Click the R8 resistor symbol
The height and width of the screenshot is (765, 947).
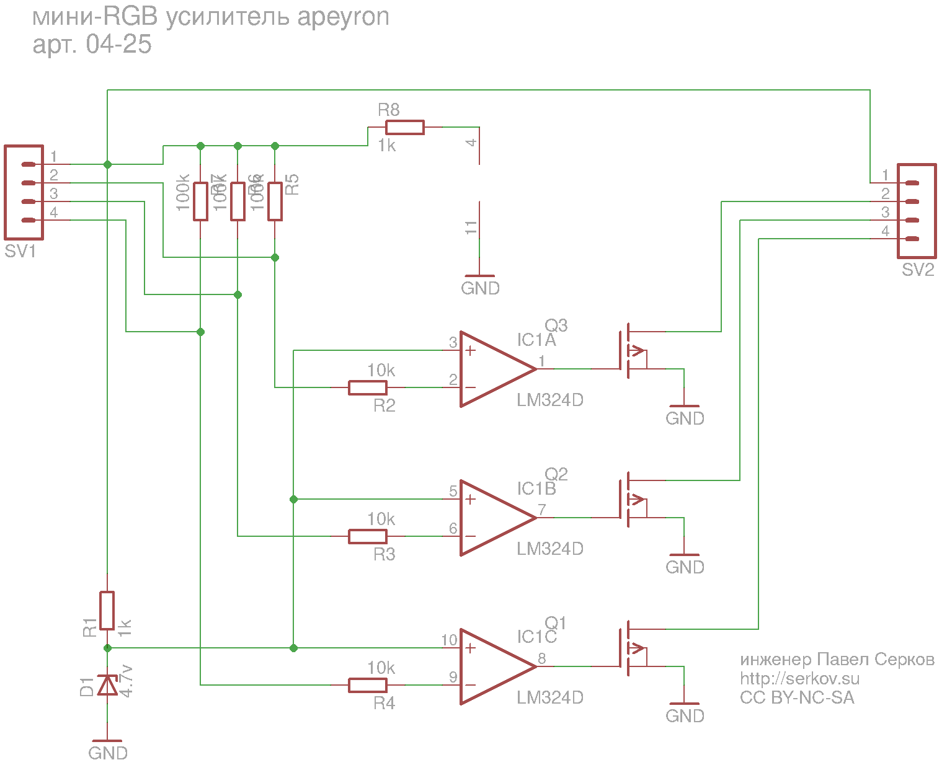point(404,128)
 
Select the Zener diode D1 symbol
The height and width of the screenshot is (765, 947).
point(107,686)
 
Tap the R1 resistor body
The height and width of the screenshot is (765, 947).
point(107,611)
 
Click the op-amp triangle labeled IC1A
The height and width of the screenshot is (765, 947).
point(493,369)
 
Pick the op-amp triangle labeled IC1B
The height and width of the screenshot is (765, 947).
point(493,518)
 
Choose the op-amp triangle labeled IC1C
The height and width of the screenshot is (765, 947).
point(493,666)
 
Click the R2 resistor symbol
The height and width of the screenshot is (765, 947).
point(368,388)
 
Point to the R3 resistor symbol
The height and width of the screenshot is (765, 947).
point(368,536)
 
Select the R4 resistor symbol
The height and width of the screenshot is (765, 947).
point(368,685)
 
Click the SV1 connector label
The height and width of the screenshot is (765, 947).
point(20,252)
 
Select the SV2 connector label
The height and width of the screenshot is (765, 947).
point(918,270)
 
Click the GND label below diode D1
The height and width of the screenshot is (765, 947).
point(108,753)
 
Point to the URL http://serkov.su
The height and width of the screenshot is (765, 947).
point(799,679)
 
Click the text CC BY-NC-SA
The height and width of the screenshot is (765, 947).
point(797,698)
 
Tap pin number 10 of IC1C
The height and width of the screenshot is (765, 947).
point(449,640)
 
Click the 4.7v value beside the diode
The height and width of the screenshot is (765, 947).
point(126,681)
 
